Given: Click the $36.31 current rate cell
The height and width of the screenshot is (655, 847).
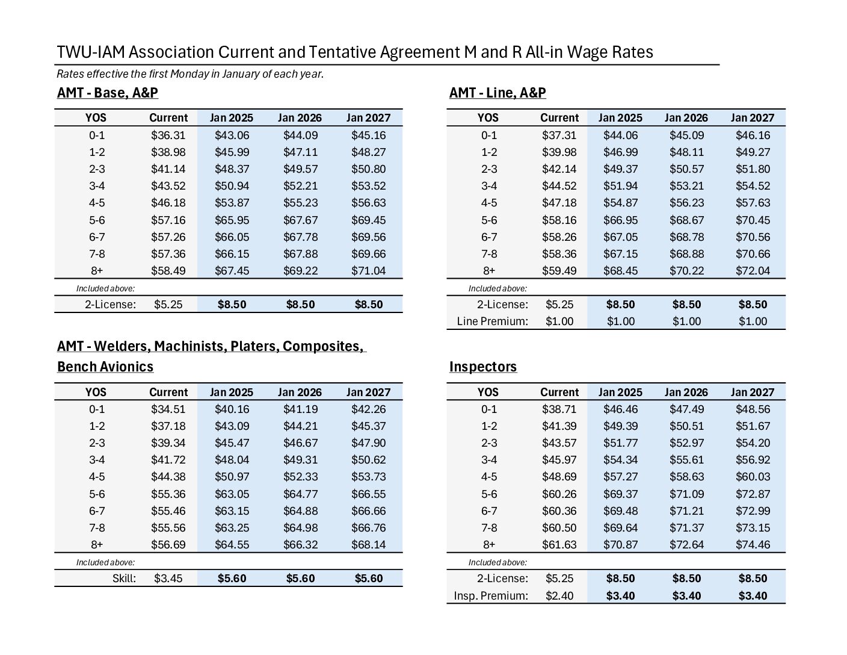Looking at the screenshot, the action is click(168, 135).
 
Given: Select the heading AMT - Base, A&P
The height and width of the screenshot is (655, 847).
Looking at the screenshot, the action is click(108, 93).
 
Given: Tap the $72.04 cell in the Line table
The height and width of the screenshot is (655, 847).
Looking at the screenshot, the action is click(753, 271).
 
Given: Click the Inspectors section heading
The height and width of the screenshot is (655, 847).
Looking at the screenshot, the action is click(483, 367).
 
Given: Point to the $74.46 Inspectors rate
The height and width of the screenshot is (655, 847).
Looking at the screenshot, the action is click(753, 545).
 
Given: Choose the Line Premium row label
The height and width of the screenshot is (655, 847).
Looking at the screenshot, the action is click(492, 321).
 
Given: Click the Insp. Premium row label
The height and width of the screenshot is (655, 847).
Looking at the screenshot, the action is click(491, 596).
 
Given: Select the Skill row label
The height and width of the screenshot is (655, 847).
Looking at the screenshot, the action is click(125, 578).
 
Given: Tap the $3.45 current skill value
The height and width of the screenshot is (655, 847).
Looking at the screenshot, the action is click(168, 578).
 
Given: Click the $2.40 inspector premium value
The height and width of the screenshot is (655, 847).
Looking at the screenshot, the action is click(559, 596).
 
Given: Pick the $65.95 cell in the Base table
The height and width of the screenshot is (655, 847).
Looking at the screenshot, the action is click(232, 220).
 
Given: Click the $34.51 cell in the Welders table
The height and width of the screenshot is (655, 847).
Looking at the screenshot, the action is click(168, 409).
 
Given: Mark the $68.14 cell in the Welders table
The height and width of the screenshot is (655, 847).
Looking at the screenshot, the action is click(368, 545).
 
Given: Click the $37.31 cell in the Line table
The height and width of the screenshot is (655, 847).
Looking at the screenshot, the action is click(559, 135).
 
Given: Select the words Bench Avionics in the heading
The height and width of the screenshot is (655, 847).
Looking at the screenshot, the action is click(105, 367).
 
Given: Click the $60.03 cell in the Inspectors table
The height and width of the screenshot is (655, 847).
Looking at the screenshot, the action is click(753, 477).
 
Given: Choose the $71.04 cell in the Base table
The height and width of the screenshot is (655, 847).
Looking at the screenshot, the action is click(368, 271).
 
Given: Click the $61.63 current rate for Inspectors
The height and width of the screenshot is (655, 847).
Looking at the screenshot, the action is click(559, 545).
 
